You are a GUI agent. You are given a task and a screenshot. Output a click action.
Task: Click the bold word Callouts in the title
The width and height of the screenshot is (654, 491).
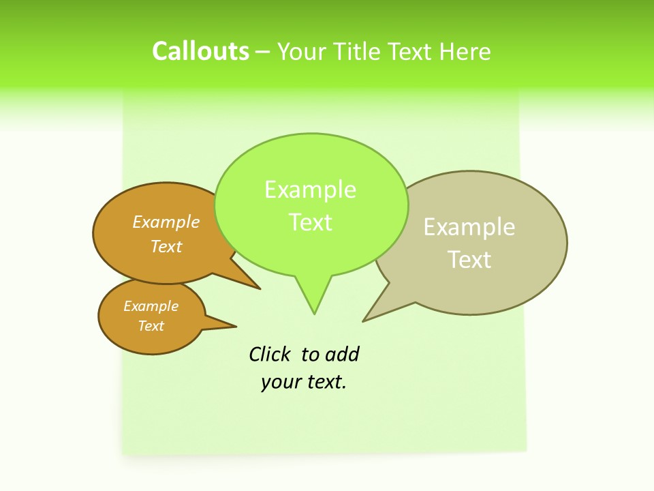[x=200, y=51]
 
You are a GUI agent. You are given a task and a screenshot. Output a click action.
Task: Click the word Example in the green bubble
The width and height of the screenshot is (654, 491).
[x=310, y=190]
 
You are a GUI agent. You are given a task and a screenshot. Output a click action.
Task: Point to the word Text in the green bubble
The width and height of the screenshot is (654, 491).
[x=311, y=222]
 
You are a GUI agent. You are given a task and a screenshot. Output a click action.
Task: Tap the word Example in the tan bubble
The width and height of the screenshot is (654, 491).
[x=469, y=227]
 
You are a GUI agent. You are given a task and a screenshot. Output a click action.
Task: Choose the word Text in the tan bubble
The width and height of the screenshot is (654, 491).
[x=469, y=260]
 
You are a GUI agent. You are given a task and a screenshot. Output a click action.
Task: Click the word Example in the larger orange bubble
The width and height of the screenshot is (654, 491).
[x=166, y=222]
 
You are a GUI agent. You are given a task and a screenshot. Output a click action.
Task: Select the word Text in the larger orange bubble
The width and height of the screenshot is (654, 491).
[x=166, y=246]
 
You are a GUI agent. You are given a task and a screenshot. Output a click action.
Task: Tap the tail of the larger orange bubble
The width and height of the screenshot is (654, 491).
[x=249, y=283]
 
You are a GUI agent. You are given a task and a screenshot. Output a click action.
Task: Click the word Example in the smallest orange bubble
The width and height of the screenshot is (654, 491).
[x=151, y=306]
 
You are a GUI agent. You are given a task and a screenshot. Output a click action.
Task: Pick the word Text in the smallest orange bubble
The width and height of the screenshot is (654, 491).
[x=151, y=326]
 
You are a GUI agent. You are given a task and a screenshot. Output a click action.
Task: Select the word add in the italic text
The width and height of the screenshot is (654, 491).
[x=342, y=355]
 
